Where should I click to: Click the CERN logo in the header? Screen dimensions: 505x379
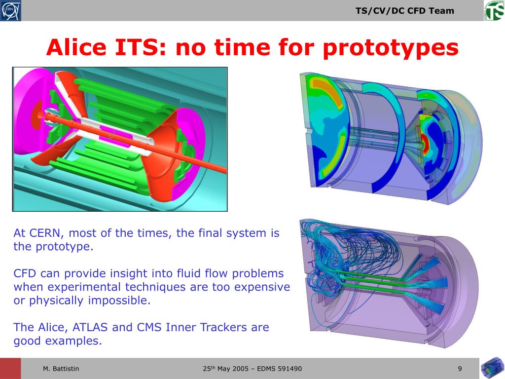click(11, 10)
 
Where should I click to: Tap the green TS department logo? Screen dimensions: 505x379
click(494, 10)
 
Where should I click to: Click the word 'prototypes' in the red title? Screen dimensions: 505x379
click(391, 48)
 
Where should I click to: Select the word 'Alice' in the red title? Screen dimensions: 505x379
click(76, 47)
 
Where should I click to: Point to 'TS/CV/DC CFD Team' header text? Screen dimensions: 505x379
click(405, 11)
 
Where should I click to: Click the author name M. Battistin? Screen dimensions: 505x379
click(61, 368)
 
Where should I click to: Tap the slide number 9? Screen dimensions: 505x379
click(460, 368)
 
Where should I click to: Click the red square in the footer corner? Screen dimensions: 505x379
click(10, 368)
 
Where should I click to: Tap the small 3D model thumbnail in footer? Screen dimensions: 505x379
click(493, 368)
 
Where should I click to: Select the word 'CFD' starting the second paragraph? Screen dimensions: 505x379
click(25, 273)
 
